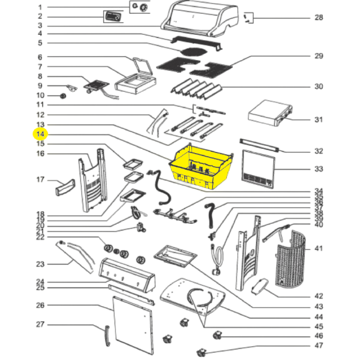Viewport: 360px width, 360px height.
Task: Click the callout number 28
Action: pyautogui.click(x=319, y=17)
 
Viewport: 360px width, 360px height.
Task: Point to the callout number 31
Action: pyautogui.click(x=319, y=119)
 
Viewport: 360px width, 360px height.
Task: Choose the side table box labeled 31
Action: pyautogui.click(x=270, y=113)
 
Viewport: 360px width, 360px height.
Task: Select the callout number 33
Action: pyautogui.click(x=319, y=169)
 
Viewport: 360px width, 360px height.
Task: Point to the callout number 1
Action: pyautogui.click(x=40, y=7)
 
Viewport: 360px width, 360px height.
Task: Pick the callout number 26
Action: pyautogui.click(x=40, y=305)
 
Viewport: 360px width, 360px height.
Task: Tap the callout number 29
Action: pyautogui.click(x=319, y=56)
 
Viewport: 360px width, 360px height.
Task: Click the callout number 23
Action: pyautogui.click(x=40, y=264)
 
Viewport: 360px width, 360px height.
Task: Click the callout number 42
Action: pyautogui.click(x=319, y=296)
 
